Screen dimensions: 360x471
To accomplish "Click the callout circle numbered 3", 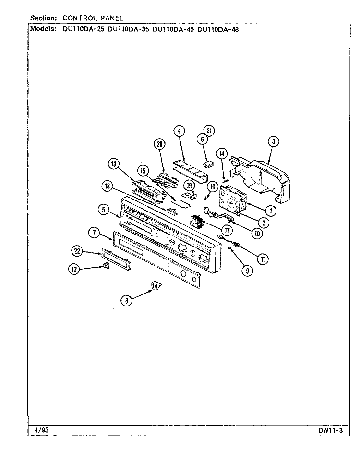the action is coord(274,141).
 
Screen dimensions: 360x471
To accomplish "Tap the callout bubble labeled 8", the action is coord(127,300).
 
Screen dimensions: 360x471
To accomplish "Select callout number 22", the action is coord(77,251).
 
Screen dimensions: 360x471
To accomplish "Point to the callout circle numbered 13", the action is coord(114,164).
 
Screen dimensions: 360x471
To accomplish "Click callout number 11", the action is coord(263,259).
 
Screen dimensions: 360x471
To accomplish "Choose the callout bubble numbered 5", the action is coord(103,210).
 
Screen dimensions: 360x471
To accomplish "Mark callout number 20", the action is coord(159,144).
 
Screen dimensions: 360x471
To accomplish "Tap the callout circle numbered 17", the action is coord(227,230).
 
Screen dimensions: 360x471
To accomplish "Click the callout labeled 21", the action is coord(209,130).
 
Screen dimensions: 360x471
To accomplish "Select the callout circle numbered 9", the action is coord(247,271).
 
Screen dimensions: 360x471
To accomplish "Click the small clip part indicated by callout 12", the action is coord(106,265).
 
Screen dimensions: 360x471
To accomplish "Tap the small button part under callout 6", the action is coord(208,164).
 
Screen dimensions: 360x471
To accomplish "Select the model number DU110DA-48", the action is coord(218,29).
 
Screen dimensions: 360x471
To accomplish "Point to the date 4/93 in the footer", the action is coord(42,430).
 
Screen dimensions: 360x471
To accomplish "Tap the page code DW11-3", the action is coord(331,430).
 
